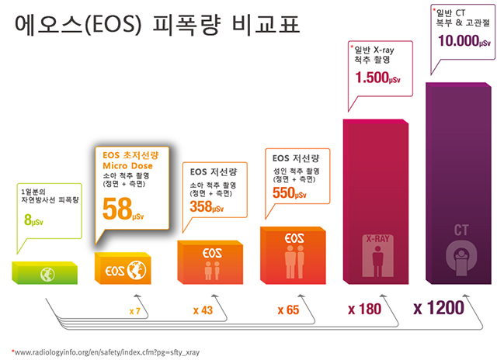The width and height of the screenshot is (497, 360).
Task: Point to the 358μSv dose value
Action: tap(206, 206)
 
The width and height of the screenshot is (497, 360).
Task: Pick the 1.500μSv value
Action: tap(377, 78)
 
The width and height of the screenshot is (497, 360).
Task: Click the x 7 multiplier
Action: tap(134, 310)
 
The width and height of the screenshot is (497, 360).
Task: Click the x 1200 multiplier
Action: tap(439, 308)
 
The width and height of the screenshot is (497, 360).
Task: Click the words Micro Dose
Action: tap(128, 166)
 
